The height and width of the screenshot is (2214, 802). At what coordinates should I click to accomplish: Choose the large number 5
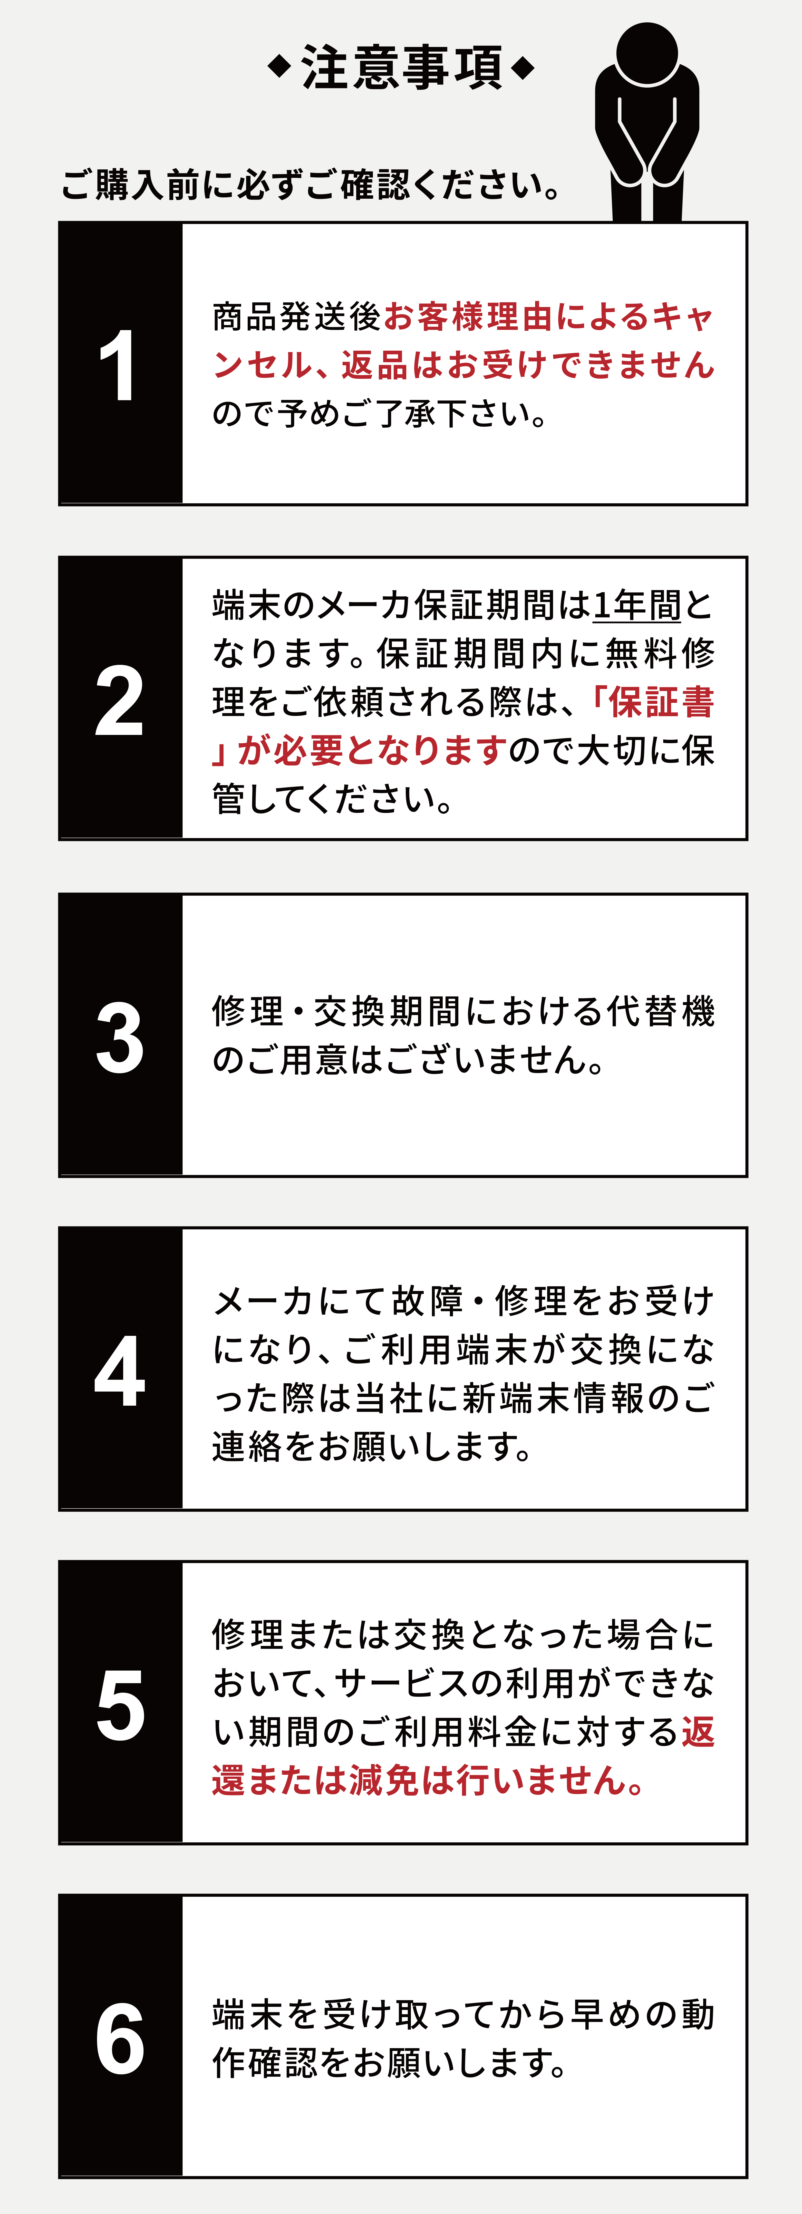point(120,1706)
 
